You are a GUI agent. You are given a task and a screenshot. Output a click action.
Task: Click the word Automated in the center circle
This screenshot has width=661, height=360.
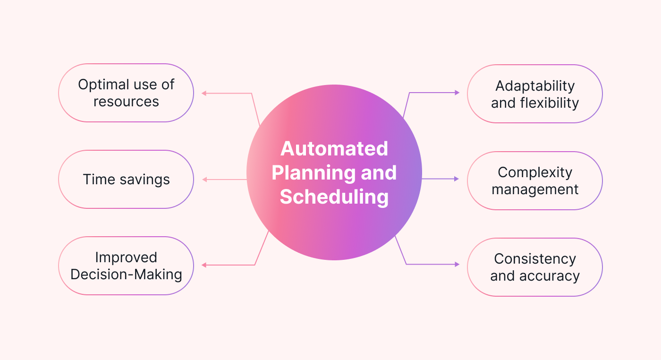[x=334, y=149]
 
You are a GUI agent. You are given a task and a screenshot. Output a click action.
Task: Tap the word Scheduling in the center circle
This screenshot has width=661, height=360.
[x=334, y=197]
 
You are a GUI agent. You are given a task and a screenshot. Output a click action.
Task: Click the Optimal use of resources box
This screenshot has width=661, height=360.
[x=126, y=93]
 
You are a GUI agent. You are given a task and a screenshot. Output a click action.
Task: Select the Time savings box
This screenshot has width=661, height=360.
[x=126, y=180]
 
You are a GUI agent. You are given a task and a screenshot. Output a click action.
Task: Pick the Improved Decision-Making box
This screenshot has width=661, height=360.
[x=126, y=266]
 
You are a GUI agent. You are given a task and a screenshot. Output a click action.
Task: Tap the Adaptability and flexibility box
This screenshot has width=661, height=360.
[x=534, y=94]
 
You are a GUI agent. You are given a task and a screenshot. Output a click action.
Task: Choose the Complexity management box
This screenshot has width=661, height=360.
[x=534, y=180]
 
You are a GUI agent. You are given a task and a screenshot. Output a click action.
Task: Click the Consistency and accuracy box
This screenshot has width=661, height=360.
[x=534, y=267]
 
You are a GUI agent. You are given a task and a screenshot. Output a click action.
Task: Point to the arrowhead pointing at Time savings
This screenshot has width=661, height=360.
[x=204, y=180]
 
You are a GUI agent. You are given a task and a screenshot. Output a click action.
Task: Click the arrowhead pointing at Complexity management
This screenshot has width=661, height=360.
[x=457, y=179]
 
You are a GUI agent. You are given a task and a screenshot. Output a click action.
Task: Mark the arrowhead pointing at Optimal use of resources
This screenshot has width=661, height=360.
[x=204, y=93]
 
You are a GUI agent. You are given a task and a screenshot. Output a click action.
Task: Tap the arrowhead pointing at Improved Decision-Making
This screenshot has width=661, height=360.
[x=204, y=265]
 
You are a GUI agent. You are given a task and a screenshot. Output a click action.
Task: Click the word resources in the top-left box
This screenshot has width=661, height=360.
[x=126, y=102]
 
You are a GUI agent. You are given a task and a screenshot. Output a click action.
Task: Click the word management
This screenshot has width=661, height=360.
[x=534, y=189]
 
